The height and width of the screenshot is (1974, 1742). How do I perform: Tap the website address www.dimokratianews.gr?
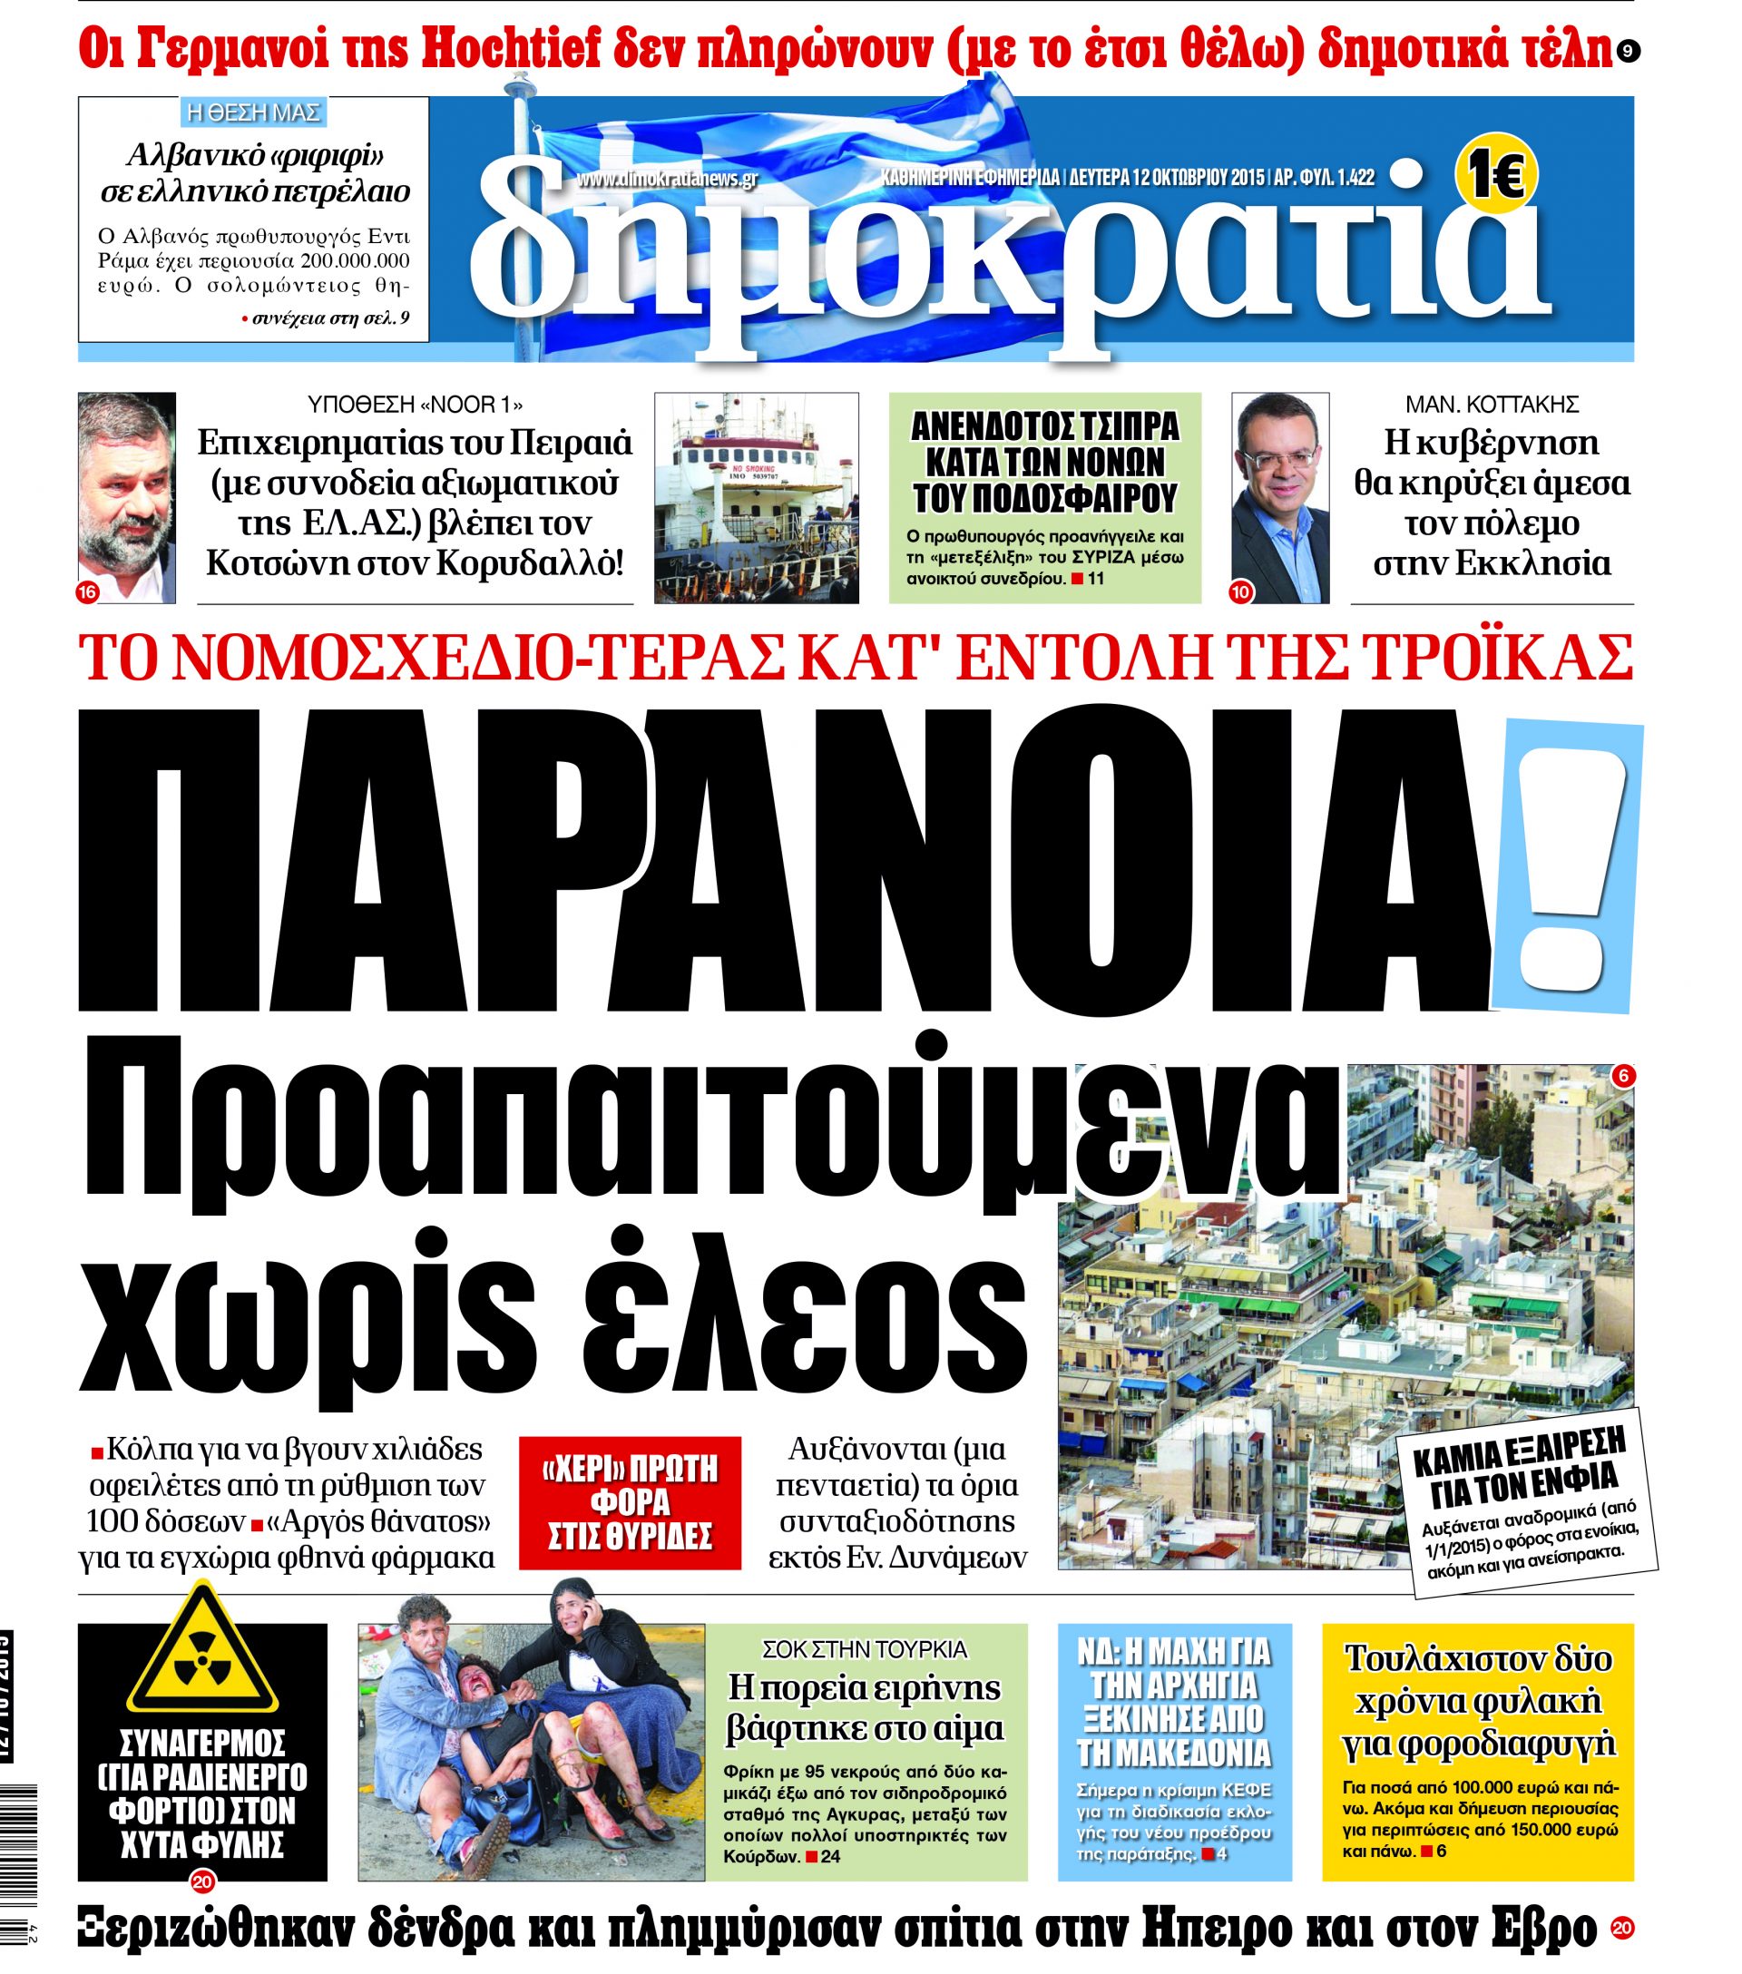pyautogui.click(x=667, y=179)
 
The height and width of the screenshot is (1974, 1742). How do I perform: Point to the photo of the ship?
pyautogui.click(x=756, y=497)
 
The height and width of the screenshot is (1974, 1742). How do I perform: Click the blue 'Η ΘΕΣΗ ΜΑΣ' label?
pyautogui.click(x=253, y=113)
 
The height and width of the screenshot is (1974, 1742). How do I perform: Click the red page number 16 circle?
pyautogui.click(x=87, y=593)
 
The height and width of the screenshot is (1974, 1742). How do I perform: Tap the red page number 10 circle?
pyautogui.click(x=1240, y=592)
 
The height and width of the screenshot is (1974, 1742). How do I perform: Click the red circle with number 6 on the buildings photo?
pyautogui.click(x=1623, y=1075)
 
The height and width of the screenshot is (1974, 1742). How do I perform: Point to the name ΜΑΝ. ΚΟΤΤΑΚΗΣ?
pyautogui.click(x=1491, y=405)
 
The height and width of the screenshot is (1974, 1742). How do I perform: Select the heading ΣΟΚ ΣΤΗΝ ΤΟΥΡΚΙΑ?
pyautogui.click(x=865, y=1648)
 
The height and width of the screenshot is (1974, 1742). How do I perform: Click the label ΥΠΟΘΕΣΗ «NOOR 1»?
pyautogui.click(x=416, y=405)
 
